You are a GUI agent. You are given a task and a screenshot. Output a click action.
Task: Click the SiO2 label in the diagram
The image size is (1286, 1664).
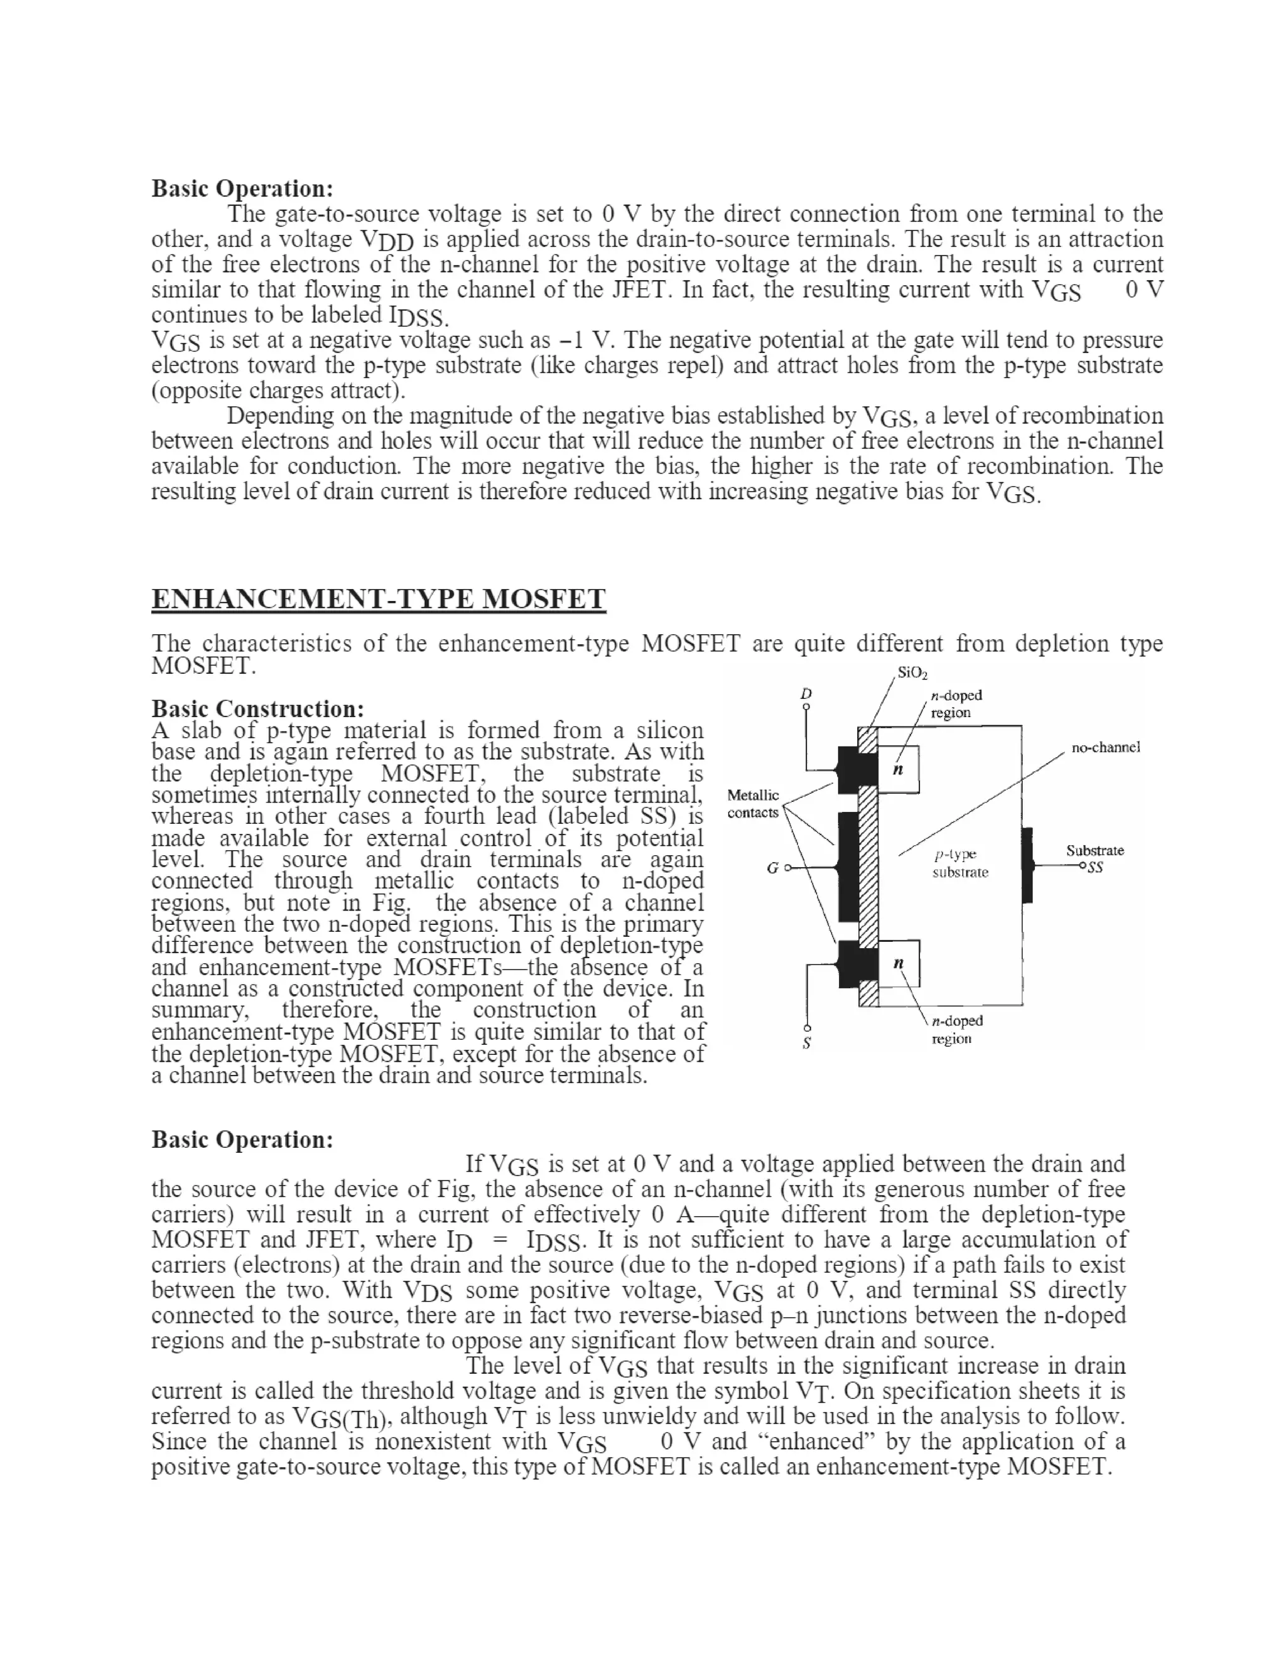(912, 673)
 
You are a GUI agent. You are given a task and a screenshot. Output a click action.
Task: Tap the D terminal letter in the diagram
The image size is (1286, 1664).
(807, 693)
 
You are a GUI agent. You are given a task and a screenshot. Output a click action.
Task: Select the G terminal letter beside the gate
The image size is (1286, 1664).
(772, 868)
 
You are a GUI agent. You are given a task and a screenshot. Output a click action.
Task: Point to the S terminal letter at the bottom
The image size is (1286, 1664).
(807, 1043)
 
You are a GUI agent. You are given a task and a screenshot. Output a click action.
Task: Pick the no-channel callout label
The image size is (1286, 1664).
(1105, 747)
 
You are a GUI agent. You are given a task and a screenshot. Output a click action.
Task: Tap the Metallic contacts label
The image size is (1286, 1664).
(753, 804)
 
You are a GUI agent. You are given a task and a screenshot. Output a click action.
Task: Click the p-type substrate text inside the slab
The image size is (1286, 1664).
(959, 863)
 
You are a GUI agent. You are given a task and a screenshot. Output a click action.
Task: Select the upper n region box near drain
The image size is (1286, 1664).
(899, 770)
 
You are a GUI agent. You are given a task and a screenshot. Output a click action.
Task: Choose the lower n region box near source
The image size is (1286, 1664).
(899, 964)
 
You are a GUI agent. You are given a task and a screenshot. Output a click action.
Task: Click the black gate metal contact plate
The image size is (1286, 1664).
(848, 867)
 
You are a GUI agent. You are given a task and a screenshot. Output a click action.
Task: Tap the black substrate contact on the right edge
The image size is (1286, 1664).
(1027, 865)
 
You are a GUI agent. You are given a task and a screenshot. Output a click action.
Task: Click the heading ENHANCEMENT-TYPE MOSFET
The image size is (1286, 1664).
(379, 599)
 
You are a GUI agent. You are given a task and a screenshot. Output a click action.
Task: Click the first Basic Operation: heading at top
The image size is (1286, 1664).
(242, 188)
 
